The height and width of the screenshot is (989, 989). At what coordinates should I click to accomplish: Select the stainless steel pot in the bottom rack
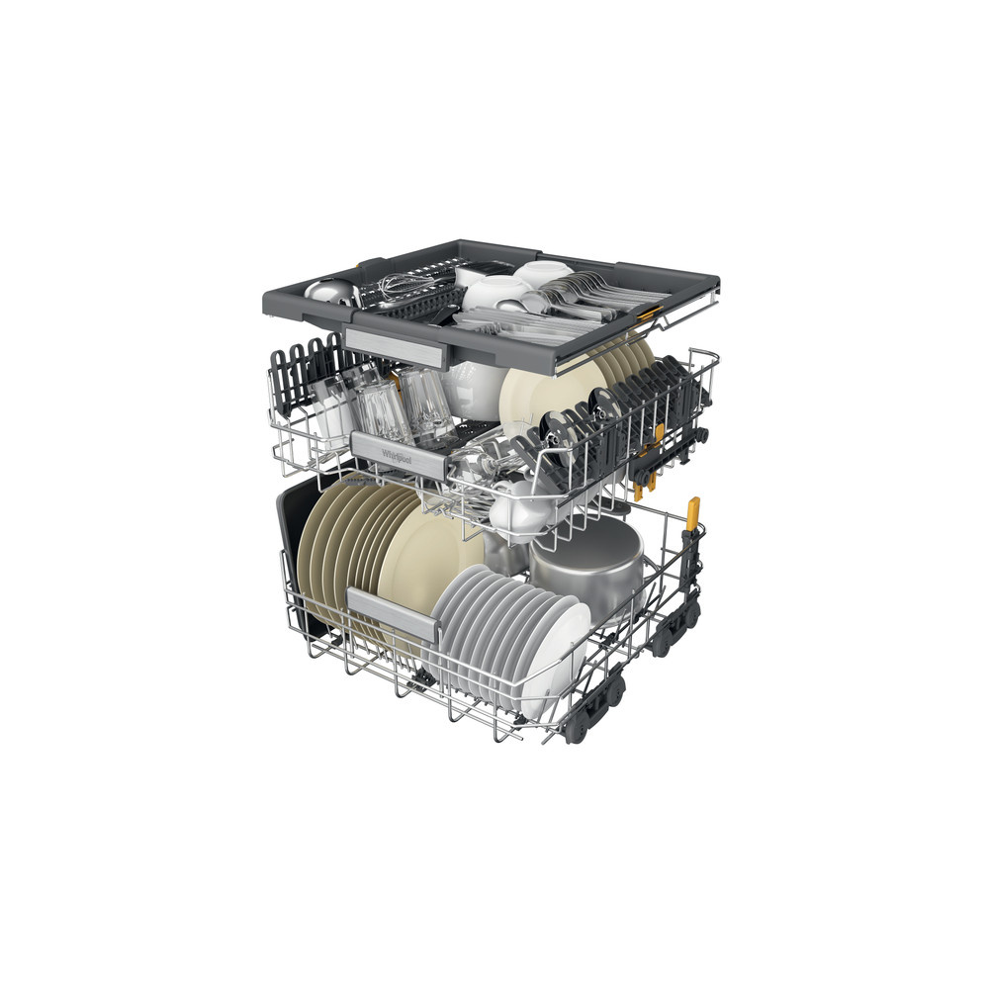tap(589, 568)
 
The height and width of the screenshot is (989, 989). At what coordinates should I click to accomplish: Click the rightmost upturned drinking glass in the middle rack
tap(427, 405)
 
